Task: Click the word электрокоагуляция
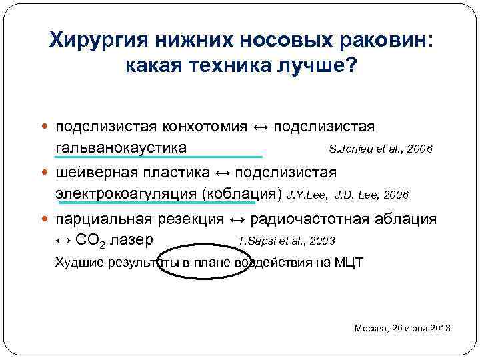coord(126,194)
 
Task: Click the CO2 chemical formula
coord(91,240)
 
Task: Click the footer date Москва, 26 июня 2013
coord(403,328)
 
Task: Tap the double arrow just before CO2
coord(64,240)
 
